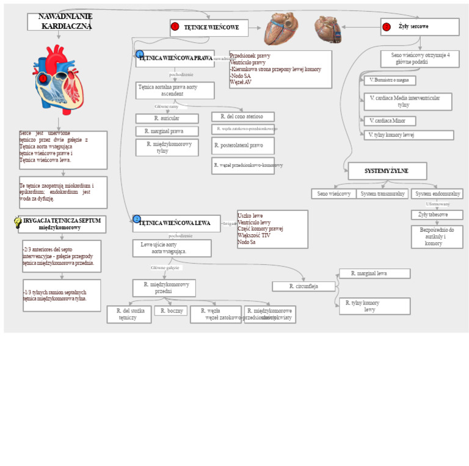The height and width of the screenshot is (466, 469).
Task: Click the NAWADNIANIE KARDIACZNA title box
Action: point(59,22)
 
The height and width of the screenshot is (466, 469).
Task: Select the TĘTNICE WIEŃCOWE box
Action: point(209,28)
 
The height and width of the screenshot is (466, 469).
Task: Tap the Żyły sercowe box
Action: point(420,27)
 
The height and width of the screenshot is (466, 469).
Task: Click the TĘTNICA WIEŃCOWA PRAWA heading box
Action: point(175,59)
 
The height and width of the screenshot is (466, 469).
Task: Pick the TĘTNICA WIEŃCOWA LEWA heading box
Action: point(176,223)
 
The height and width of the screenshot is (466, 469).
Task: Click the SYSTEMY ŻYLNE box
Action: point(387,171)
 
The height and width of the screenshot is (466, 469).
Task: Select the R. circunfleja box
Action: point(304,286)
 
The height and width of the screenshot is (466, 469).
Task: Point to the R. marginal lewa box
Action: point(374,273)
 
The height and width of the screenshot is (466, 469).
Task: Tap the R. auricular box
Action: point(167,119)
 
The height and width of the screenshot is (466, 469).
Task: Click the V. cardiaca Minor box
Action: point(389,121)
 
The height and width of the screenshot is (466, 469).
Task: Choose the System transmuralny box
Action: point(382,194)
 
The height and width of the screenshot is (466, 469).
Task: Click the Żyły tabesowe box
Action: point(437,215)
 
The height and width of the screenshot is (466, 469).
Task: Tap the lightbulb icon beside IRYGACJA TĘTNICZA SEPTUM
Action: point(18,223)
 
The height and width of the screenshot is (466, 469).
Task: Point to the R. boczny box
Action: point(170,311)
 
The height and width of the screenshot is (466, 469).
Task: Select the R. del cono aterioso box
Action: point(242,117)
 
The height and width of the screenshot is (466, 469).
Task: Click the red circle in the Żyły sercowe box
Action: point(386,27)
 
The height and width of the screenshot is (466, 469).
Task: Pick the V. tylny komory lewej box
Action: point(408,135)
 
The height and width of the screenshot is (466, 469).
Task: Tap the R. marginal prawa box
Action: point(167,131)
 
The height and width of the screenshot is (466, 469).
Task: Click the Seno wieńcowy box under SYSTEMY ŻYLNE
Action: point(333,194)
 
